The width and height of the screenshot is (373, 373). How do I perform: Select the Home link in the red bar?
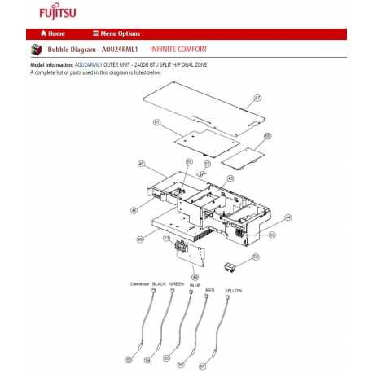point(53,33)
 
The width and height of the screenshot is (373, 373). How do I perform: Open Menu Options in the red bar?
point(116,33)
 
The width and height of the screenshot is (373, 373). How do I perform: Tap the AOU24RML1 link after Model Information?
point(89,64)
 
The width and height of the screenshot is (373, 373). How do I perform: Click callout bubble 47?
point(257,99)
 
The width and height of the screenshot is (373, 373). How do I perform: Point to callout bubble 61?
point(156,122)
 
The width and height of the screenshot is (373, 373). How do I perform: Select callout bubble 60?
point(267,136)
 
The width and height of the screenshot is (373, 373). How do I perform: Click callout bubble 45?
point(141,164)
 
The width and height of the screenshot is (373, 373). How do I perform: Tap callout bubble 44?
point(287,218)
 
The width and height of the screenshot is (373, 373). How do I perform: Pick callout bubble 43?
point(230,178)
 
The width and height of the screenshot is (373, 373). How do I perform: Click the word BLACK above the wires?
point(158,283)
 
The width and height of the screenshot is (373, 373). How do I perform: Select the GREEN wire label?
point(177,283)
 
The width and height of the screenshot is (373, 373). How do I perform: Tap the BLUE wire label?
point(194,286)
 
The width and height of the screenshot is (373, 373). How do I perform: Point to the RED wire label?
point(209,290)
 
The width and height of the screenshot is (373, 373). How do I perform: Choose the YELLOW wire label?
point(233,291)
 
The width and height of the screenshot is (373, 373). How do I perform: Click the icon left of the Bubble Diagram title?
point(36,50)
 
